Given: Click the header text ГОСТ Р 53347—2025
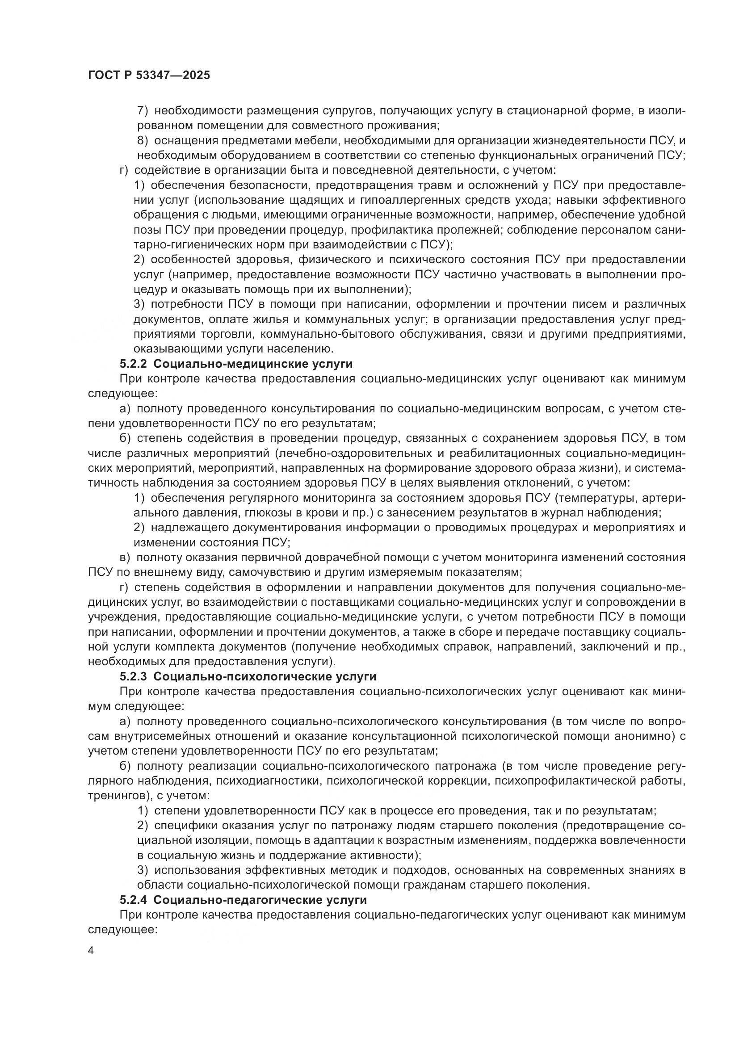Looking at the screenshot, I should tap(149, 76).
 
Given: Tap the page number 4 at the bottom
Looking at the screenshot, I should tap(91, 951).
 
